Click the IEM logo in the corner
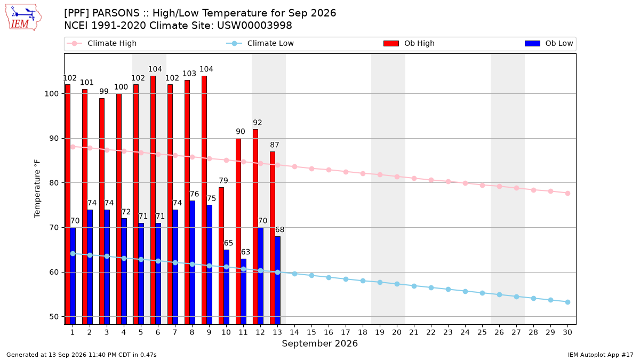click(23, 18)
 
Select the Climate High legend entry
click(101, 43)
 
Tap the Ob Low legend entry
click(549, 43)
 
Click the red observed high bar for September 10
click(221, 255)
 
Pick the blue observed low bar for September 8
click(193, 262)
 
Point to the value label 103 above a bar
click(189, 74)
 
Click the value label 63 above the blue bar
click(245, 252)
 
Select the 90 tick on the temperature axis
click(54, 139)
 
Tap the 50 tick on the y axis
click(54, 317)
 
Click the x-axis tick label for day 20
click(397, 332)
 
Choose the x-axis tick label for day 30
click(567, 332)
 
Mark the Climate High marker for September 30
click(567, 194)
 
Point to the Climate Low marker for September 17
click(346, 279)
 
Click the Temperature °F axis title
click(37, 189)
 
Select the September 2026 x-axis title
click(319, 343)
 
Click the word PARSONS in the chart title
click(116, 13)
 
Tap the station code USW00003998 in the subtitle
click(254, 26)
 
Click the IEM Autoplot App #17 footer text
click(601, 355)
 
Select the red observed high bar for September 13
click(273, 238)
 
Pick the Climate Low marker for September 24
click(465, 291)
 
